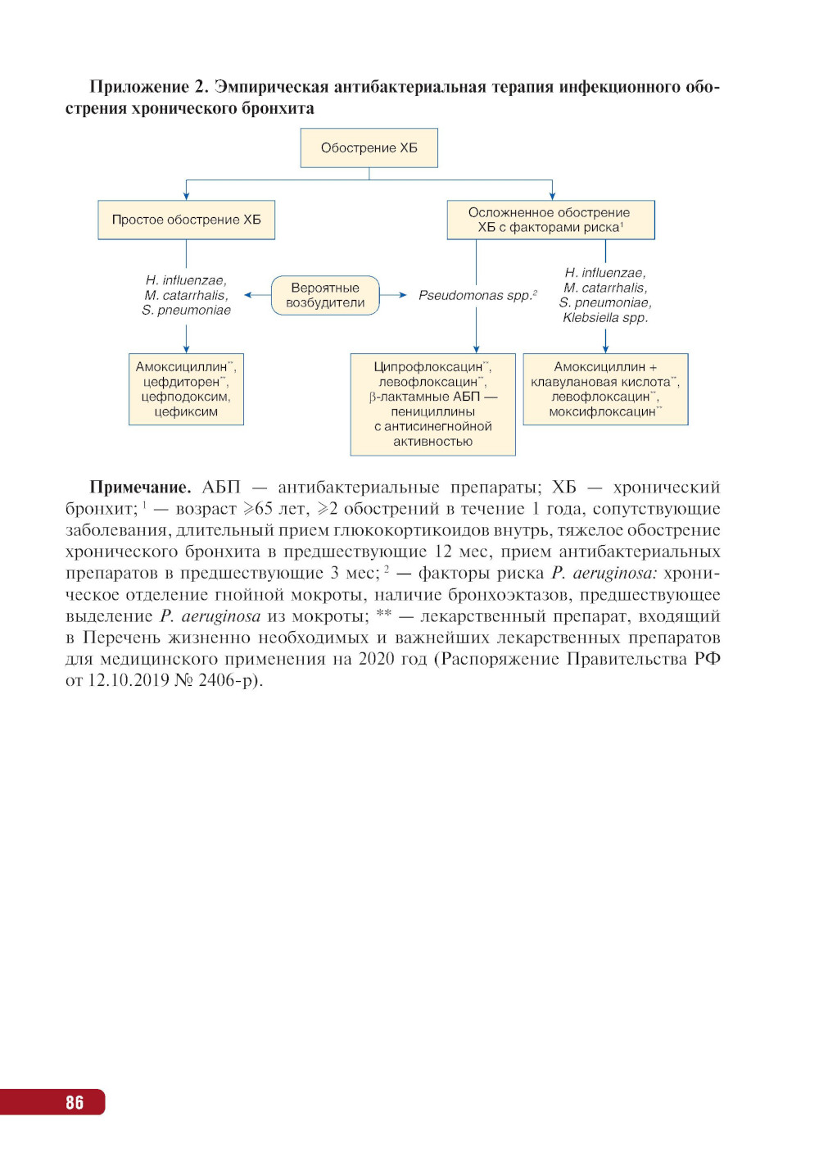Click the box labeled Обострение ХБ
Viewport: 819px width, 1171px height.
369,148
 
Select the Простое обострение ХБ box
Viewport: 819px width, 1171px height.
186,220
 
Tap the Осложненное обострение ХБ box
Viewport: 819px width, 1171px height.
550,220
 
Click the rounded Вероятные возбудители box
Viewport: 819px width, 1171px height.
325,295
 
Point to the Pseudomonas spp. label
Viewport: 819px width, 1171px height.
475,295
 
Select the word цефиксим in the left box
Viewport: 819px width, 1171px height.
186,411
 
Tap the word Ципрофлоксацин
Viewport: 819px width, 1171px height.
428,367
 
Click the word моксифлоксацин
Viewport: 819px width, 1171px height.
602,411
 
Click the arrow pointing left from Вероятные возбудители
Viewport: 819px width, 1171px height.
257,295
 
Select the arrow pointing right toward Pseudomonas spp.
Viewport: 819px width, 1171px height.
394,295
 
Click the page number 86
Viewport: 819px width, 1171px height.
75,1102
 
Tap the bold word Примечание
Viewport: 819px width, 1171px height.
140,488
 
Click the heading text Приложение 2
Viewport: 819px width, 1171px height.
150,87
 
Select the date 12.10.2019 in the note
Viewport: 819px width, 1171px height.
128,680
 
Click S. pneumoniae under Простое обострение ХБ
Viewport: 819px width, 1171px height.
186,311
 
